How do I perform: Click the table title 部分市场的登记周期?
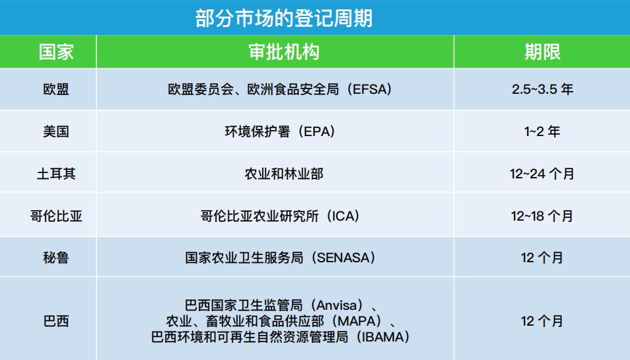284,18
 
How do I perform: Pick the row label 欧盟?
55,89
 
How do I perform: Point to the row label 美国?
55,131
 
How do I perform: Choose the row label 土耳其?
55,174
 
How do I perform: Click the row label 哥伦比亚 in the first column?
55,216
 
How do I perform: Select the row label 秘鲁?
55,258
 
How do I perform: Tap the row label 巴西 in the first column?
55,322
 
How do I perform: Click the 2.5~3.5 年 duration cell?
542,89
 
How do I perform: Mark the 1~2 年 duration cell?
542,131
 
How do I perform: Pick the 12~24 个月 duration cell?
542,174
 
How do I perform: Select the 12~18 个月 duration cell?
542,216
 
